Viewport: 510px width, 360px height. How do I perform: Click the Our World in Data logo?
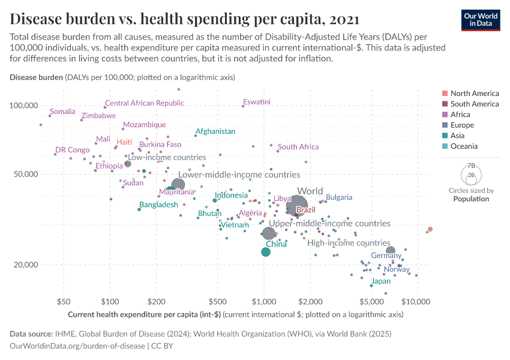(482, 20)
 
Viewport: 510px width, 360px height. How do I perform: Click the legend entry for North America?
(474, 94)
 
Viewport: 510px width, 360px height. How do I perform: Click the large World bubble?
(297, 206)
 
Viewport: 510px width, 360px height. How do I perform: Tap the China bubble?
(266, 252)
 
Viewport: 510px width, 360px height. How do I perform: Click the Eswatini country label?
(257, 102)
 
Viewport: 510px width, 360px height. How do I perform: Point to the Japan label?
(381, 281)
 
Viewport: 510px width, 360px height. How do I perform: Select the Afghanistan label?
(215, 131)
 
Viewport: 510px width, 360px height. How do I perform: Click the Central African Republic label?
(145, 103)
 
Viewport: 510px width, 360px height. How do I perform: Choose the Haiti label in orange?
(124, 142)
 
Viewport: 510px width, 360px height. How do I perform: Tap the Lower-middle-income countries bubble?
(178, 185)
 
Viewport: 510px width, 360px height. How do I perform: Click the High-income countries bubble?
(391, 251)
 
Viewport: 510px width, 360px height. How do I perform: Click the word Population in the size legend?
(471, 199)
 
